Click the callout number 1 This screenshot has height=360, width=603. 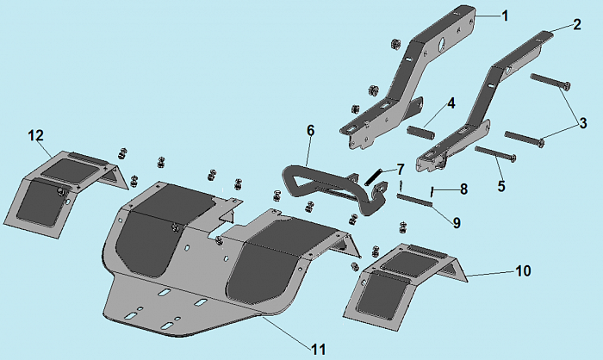click(x=505, y=16)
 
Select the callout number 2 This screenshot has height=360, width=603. click(x=576, y=25)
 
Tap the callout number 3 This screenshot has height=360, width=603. click(x=583, y=124)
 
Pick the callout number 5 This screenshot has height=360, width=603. click(x=501, y=184)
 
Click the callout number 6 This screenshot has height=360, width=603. click(x=311, y=130)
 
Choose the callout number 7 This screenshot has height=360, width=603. click(x=399, y=167)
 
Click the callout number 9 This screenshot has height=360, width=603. click(x=457, y=222)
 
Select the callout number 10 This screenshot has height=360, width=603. click(x=523, y=270)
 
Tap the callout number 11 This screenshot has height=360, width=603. click(x=318, y=349)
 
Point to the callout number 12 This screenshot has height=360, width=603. click(x=35, y=135)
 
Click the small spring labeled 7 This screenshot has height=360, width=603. click(x=375, y=175)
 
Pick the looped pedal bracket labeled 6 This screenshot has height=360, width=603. click(x=331, y=181)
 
